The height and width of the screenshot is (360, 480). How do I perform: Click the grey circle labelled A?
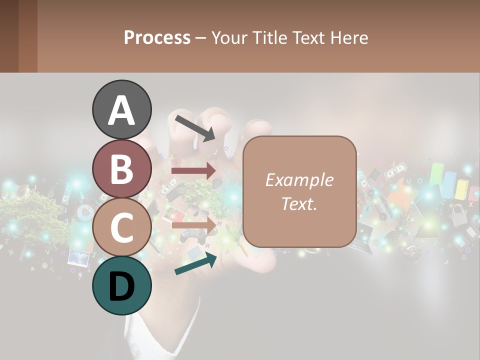(x=121, y=109)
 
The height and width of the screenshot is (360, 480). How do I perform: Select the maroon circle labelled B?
(x=121, y=168)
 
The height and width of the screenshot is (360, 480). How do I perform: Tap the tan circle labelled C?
(x=121, y=227)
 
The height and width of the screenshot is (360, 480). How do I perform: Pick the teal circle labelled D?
(x=121, y=285)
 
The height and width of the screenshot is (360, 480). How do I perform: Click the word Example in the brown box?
(x=299, y=180)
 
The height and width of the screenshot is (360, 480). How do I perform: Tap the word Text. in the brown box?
(x=299, y=204)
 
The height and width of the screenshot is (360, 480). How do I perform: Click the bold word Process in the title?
(x=157, y=37)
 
